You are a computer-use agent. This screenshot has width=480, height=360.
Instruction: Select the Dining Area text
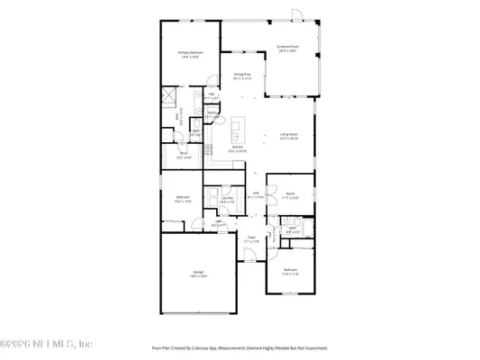pos(242,76)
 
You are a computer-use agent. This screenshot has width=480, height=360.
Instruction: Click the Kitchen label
pos(237,148)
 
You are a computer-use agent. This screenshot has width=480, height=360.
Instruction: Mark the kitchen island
pos(238,124)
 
